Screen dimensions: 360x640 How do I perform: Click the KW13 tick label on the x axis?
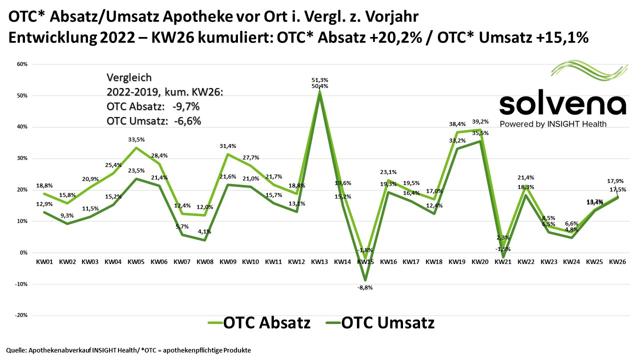coord(319,261)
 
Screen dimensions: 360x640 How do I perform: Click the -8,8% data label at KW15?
coord(364,287)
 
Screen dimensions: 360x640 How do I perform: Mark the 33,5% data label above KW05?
coord(136,140)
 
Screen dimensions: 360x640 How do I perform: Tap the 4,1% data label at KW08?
coord(204,231)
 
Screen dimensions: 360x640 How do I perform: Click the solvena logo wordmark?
coord(562,104)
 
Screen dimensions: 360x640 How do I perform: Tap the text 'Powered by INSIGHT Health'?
coord(553,124)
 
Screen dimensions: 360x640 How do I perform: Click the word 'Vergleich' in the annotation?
coord(129,78)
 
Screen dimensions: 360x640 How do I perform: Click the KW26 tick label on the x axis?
coord(618,261)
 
